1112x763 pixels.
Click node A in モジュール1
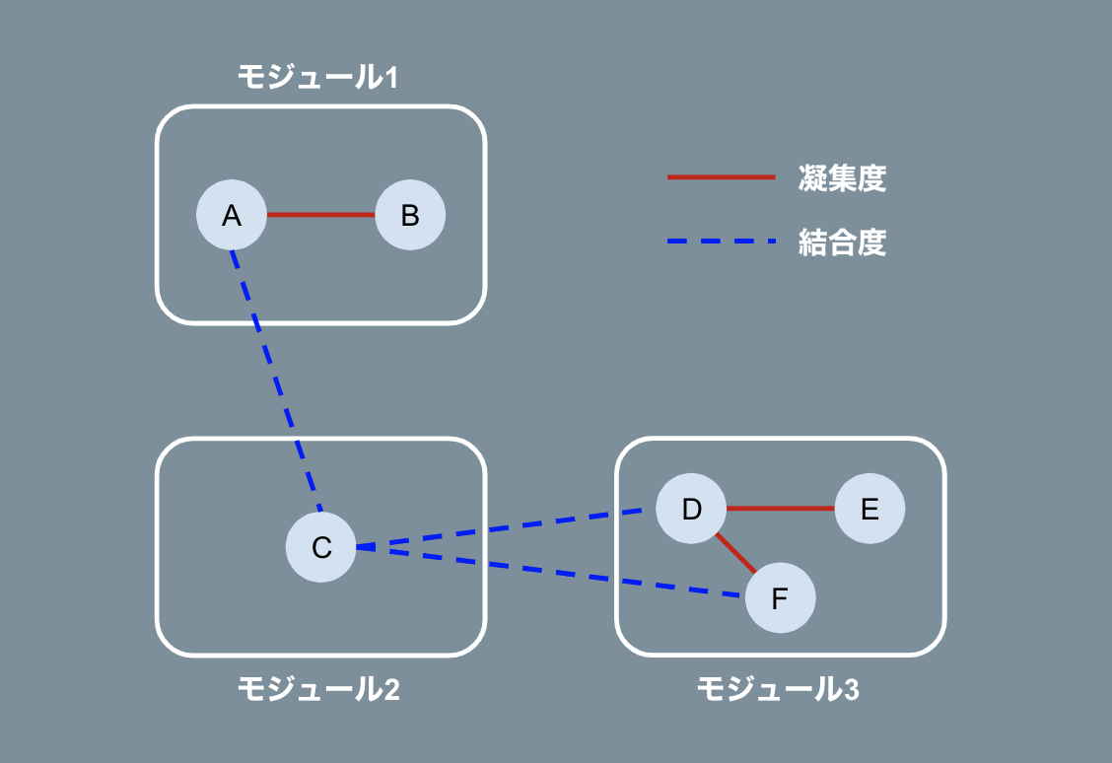(232, 215)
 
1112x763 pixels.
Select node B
(410, 215)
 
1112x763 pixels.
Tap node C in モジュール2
(321, 546)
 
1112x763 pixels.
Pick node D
(691, 509)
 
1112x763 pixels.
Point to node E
(869, 509)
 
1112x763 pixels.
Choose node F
(780, 598)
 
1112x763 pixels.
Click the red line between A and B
(321, 215)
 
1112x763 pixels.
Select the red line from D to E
(780, 509)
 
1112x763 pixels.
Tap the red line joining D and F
(735, 553)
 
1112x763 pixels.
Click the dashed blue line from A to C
(276, 380)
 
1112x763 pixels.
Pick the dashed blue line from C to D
(503, 528)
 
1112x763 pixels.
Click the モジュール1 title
(317, 77)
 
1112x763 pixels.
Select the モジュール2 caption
(318, 689)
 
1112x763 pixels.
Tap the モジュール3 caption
(778, 689)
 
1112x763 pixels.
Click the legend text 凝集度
(842, 177)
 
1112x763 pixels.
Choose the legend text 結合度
(842, 242)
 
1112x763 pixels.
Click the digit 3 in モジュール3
(852, 690)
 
